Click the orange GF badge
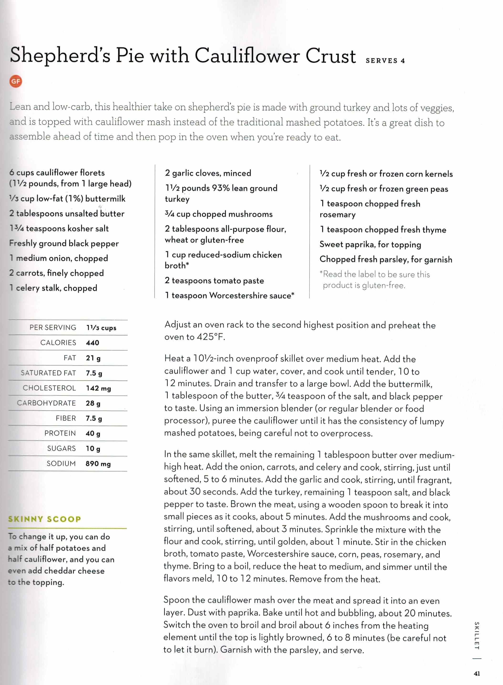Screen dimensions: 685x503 (x=15, y=81)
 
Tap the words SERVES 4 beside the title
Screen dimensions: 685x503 (x=385, y=61)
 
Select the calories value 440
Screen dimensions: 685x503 (x=92, y=343)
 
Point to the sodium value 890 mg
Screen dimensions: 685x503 (x=98, y=464)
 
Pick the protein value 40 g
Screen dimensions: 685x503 (x=93, y=434)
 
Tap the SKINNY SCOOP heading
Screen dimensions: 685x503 (x=44, y=519)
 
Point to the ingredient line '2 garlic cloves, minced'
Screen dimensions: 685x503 (x=208, y=173)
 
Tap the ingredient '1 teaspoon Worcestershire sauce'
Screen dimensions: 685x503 (x=229, y=295)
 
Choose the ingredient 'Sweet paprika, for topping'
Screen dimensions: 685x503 (x=370, y=245)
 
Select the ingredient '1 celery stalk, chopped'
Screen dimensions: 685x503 (x=53, y=288)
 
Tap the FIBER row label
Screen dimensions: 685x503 (x=66, y=418)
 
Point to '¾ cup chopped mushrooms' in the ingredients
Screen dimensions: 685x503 (x=219, y=214)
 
